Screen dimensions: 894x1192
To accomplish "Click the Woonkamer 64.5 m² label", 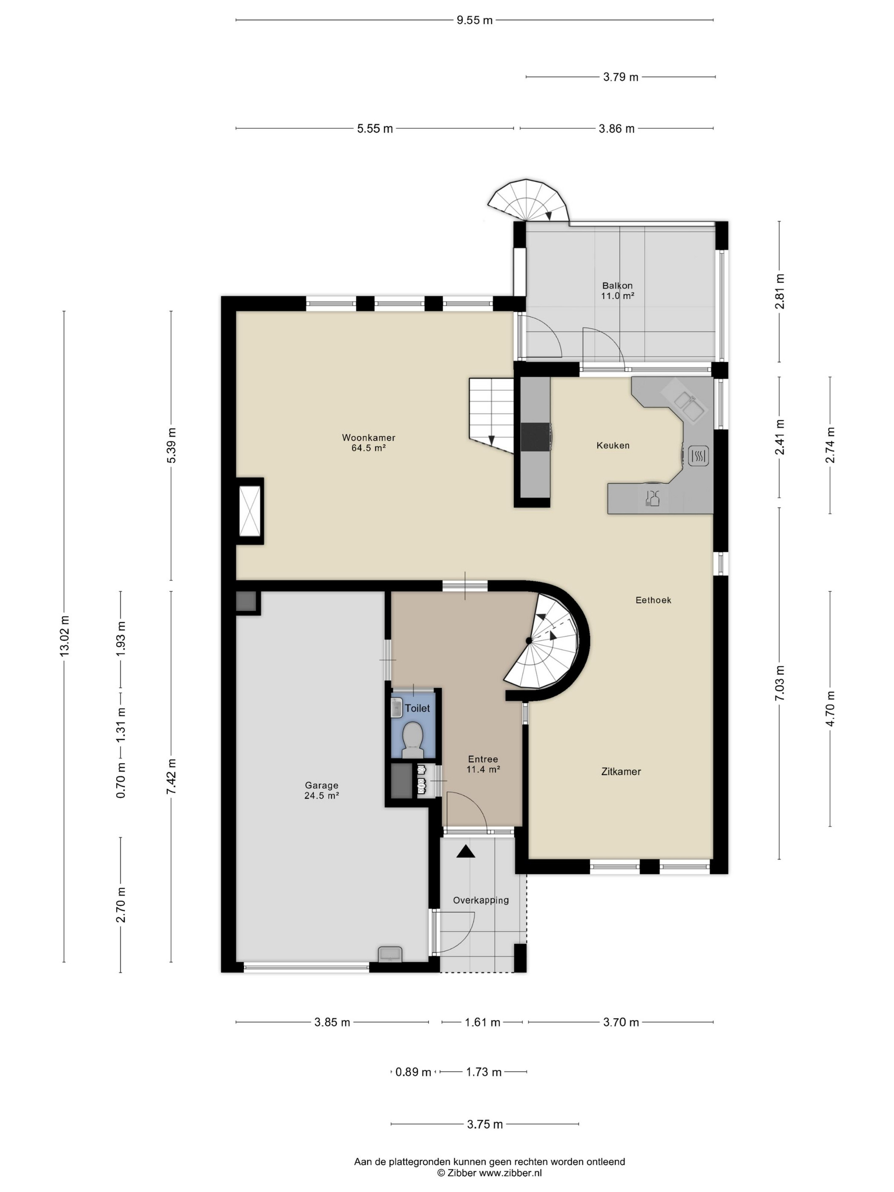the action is pyautogui.click(x=369, y=442).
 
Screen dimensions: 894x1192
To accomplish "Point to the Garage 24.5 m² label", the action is pyautogui.click(x=322, y=791).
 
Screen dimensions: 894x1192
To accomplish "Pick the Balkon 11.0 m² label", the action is pyautogui.click(x=618, y=290).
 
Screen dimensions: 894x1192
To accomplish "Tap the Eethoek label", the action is pyautogui.click(x=653, y=600).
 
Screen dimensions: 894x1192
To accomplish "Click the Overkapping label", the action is pyautogui.click(x=481, y=900).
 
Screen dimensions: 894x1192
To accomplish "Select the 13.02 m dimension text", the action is pyautogui.click(x=65, y=636).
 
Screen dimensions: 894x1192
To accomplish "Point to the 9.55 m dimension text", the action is pyautogui.click(x=475, y=20).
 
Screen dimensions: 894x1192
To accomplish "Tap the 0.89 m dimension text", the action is pyautogui.click(x=413, y=1072).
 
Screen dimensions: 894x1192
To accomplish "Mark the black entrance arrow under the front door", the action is pyautogui.click(x=466, y=851).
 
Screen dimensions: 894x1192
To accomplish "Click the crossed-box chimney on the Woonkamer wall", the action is pyautogui.click(x=249, y=511).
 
